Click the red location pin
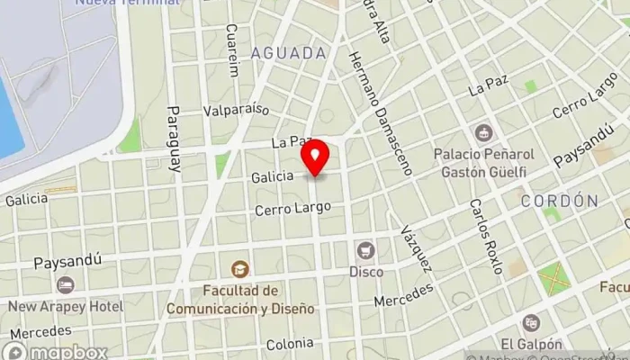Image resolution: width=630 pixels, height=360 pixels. click(316, 160)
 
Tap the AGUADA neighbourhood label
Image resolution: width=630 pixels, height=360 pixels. click(289, 53)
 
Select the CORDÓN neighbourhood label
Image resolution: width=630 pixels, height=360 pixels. click(559, 201)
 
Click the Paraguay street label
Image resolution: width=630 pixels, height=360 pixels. click(174, 139)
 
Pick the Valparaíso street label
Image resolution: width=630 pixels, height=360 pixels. click(237, 111)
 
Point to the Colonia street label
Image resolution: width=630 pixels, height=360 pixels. click(290, 344)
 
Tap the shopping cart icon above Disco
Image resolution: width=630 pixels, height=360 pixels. click(365, 250)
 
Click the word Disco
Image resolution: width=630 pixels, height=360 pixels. click(366, 271)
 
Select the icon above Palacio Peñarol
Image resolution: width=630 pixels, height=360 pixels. click(483, 133)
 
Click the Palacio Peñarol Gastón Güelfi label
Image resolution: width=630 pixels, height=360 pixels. click(483, 162)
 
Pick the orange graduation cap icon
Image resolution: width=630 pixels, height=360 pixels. click(240, 268)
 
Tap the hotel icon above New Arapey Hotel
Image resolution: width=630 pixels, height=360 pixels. click(66, 285)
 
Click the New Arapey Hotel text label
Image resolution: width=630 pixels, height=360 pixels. click(66, 306)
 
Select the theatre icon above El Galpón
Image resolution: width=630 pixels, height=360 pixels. click(532, 322)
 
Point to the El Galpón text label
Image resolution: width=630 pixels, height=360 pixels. click(532, 344)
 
